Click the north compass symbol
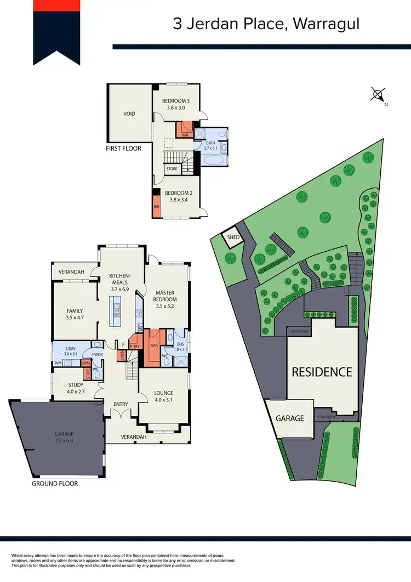[x=378, y=94]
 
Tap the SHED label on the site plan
[x=232, y=237]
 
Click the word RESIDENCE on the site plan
[x=322, y=372]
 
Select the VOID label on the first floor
[x=129, y=114]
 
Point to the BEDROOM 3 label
[x=176, y=101]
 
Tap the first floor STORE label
[x=172, y=169]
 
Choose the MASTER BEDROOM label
[x=165, y=296]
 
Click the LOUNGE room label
[x=164, y=393]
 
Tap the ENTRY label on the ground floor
[x=121, y=404]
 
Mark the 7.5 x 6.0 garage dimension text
[x=64, y=440]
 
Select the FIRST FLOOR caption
[x=124, y=148]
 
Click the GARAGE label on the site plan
[x=289, y=418]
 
